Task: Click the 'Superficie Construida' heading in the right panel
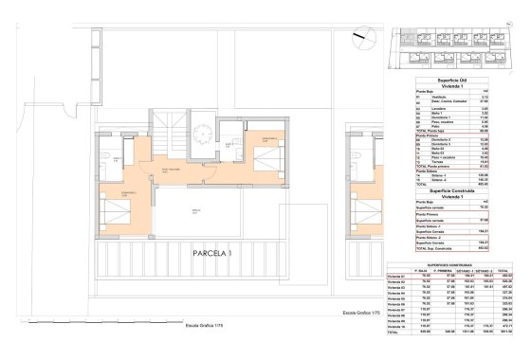[x=452, y=188]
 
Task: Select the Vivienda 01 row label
[x=402, y=277]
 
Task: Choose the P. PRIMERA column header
[x=440, y=271]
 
